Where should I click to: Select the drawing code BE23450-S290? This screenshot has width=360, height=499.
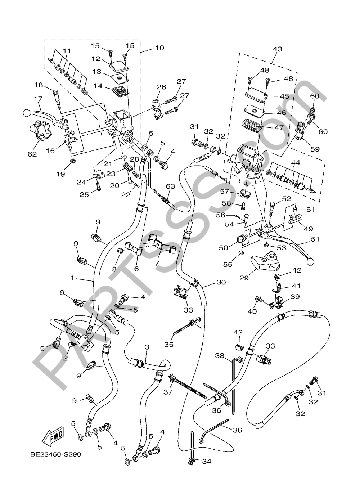point(56,454)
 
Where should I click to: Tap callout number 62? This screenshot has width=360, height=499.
point(32,154)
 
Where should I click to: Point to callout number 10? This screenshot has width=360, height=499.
point(159,48)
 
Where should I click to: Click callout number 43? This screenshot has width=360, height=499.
point(278,49)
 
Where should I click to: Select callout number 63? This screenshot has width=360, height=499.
point(170,186)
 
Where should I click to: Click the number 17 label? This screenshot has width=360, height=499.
point(38,99)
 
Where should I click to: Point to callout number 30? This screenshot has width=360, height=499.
point(221,282)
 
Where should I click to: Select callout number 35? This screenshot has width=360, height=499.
point(169,344)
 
